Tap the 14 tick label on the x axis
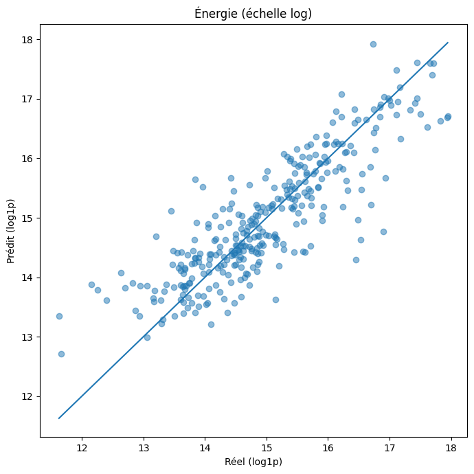pos(205,449)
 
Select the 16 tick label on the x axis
pos(328,449)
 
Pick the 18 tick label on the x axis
pos(451,449)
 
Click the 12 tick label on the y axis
pos(28,396)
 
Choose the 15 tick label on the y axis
pos(28,218)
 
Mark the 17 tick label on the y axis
pos(28,99)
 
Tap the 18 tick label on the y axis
pos(28,40)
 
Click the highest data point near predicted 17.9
pos(373,44)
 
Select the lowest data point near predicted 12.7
pos(61,354)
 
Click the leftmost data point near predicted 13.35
pos(59,316)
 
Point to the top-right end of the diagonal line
pos(448,43)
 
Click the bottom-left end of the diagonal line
pos(59,418)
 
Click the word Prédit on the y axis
pos(11,249)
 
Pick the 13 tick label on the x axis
pos(144,449)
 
